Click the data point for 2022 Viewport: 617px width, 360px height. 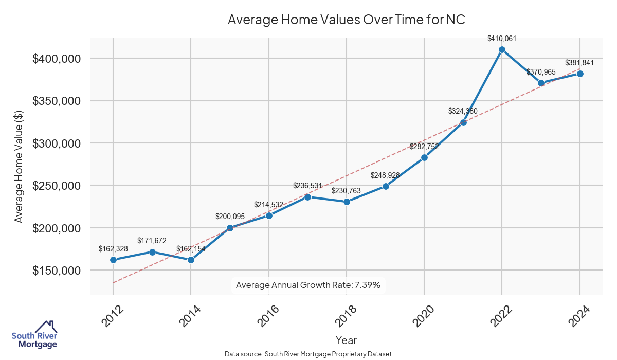click(502, 50)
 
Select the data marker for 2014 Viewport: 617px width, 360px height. click(191, 260)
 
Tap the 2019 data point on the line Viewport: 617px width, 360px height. click(386, 186)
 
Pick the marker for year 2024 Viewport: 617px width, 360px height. click(580, 74)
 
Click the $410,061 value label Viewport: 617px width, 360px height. click(502, 38)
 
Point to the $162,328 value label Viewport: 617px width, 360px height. click(113, 249)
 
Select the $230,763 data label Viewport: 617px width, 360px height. click(347, 191)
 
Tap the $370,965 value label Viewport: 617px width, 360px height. click(541, 72)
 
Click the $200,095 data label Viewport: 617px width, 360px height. click(230, 217)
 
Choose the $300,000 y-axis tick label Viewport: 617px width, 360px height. click(57, 143)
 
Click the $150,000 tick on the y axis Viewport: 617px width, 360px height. click(57, 271)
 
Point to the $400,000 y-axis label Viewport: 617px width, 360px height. click(57, 59)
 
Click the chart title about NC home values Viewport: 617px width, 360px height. click(346, 20)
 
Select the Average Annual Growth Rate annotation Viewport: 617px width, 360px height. click(308, 285)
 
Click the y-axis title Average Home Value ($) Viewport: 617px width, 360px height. click(19, 166)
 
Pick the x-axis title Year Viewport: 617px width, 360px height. click(346, 340)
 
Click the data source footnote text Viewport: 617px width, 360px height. click(308, 354)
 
